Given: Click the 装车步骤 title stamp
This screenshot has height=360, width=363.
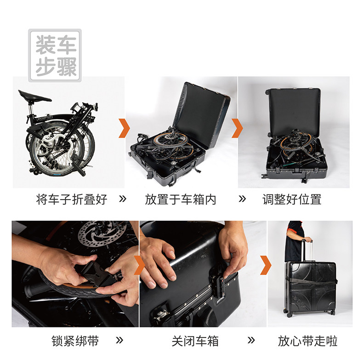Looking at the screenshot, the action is click(55, 56).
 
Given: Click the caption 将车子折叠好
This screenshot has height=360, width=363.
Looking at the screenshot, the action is click(72, 199).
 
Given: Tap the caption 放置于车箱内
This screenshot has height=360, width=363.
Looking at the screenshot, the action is click(181, 199).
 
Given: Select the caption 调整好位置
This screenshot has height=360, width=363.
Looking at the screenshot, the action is click(292, 199).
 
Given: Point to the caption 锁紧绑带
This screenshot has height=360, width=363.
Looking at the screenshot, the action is click(75, 341).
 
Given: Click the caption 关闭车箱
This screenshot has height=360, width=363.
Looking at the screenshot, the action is click(195, 341).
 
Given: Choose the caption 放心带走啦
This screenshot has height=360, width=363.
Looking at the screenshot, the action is click(308, 341).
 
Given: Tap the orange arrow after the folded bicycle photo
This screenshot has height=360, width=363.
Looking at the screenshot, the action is click(125, 128).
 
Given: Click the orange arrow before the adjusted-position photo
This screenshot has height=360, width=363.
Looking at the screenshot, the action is click(237, 128).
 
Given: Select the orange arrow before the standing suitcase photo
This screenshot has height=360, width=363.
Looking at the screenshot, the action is click(266, 265).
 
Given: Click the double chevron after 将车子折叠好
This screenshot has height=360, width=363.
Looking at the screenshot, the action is click(123, 199).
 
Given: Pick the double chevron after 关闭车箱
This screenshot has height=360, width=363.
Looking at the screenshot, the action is click(251, 340).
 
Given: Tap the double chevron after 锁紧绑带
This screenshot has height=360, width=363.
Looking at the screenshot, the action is click(119, 340).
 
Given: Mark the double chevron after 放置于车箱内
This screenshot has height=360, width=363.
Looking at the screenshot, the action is click(242, 199).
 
